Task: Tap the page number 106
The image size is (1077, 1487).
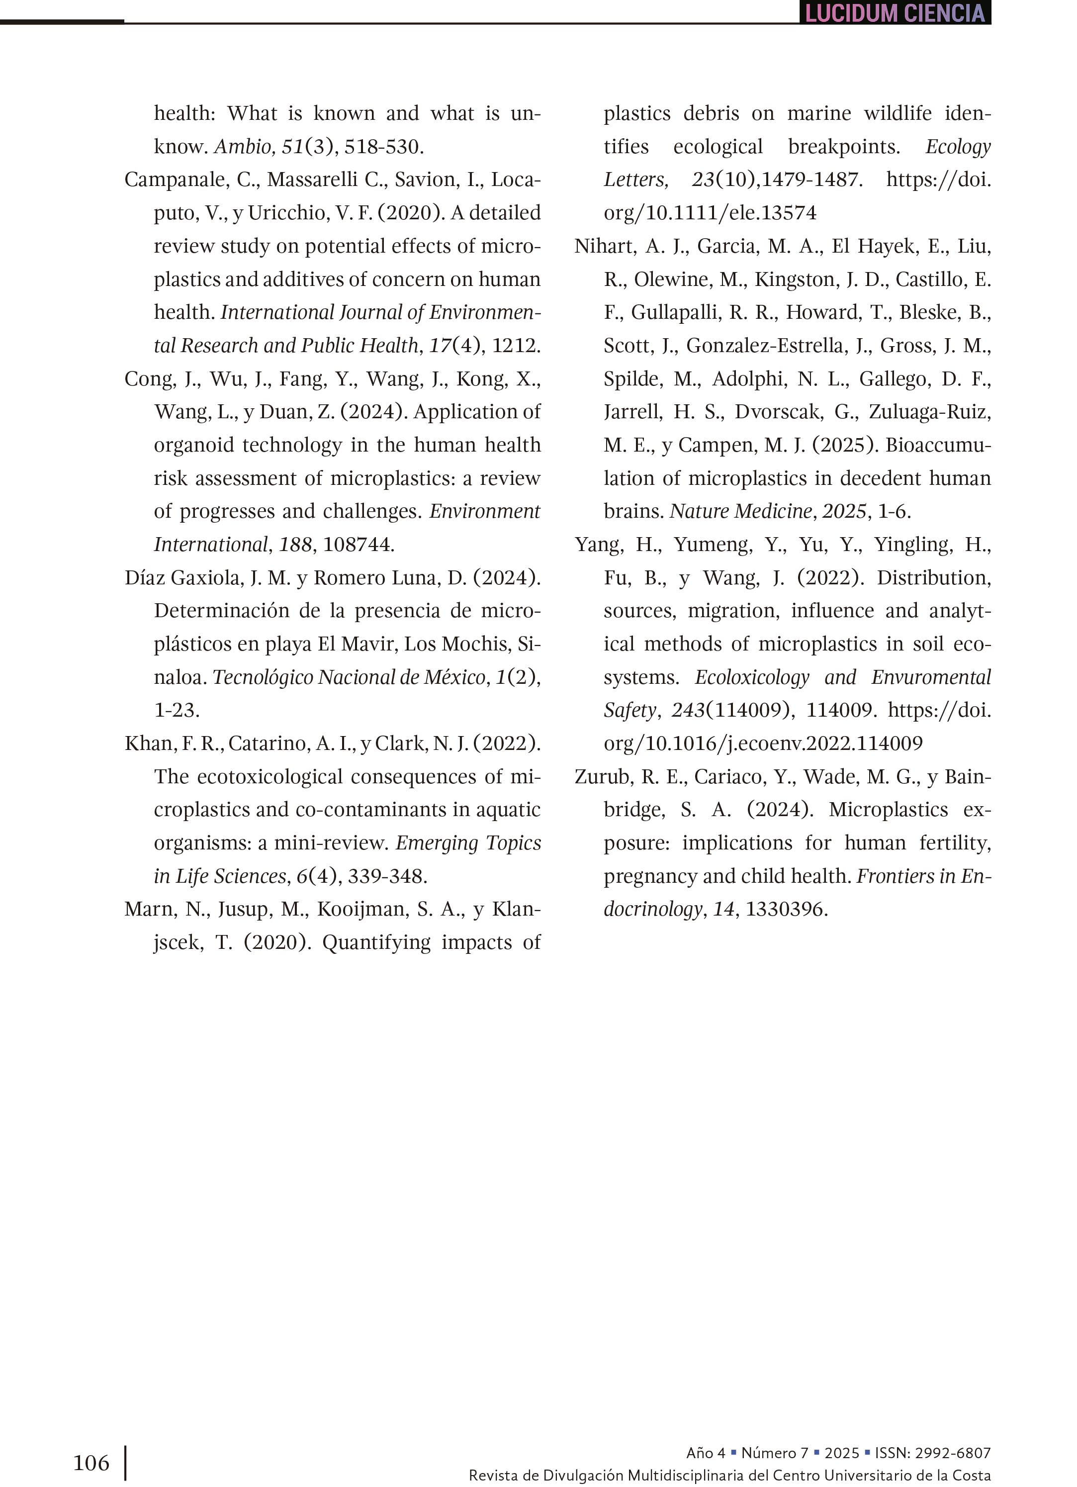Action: tap(91, 1463)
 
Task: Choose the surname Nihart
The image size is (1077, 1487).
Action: tap(604, 246)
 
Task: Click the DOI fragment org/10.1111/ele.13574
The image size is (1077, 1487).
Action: tap(710, 213)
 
